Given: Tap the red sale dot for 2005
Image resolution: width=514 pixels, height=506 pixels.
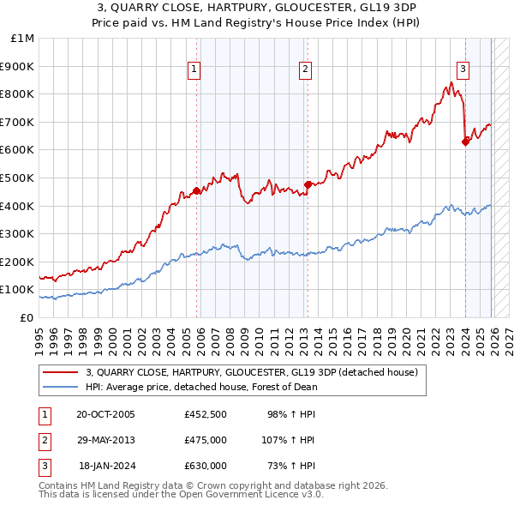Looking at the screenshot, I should pyautogui.click(x=196, y=191).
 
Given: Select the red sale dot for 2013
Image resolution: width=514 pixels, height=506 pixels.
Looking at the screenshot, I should pyautogui.click(x=308, y=184).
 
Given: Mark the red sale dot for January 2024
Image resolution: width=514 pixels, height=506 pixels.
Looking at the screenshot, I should pyautogui.click(x=465, y=142).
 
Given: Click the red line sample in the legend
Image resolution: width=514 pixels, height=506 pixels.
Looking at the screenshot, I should pyautogui.click(x=61, y=373).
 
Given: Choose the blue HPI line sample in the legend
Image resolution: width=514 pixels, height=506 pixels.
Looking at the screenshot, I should pyautogui.click(x=61, y=387).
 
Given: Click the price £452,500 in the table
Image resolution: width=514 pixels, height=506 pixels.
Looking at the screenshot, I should pyautogui.click(x=205, y=414).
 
